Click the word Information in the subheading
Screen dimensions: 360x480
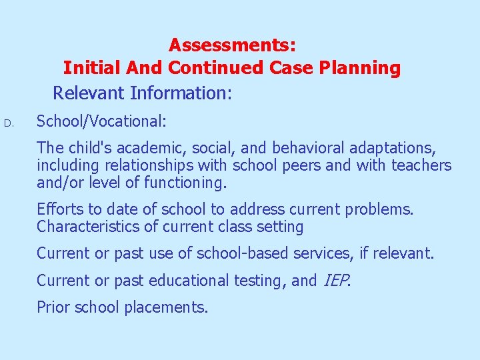pos(187,93)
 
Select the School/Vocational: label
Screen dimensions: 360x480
pos(101,121)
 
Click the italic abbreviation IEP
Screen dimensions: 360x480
pos(335,281)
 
